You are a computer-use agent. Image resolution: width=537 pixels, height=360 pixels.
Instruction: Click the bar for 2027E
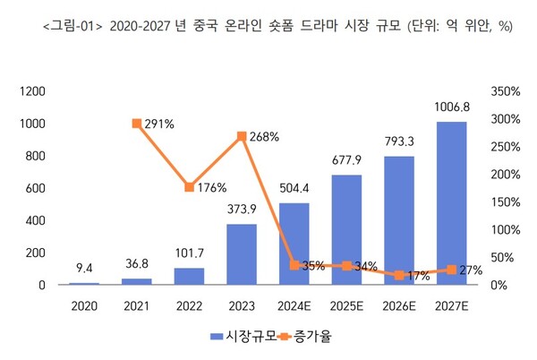(452, 203)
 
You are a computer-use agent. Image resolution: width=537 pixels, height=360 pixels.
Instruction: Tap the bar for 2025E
(346, 229)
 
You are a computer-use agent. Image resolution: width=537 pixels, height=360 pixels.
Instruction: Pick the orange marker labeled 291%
(136, 124)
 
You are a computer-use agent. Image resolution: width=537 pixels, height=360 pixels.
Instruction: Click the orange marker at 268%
(242, 136)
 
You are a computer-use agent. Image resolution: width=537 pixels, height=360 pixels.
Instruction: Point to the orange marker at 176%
(189, 187)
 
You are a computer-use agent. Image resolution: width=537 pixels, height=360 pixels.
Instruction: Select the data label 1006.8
(452, 106)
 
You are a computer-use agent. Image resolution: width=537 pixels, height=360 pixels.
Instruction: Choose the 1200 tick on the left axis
(32, 91)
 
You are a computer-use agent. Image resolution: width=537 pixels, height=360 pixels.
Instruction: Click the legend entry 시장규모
(241, 336)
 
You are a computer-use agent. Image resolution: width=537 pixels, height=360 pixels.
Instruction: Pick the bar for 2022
(189, 276)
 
